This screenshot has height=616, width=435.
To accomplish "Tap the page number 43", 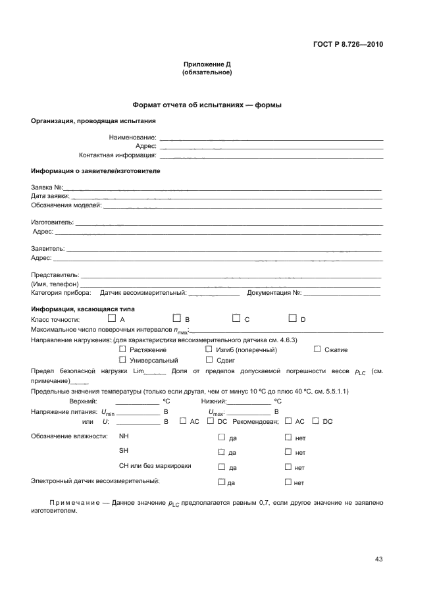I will coord(378,559).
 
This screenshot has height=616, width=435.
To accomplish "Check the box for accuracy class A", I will coord(111,319).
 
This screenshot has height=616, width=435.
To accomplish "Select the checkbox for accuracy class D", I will coord(293,319).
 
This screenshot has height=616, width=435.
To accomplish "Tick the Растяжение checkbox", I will coord(122,349).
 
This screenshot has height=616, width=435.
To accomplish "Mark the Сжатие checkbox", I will coord(317,349).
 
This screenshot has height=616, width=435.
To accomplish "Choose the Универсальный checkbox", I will coord(122,360).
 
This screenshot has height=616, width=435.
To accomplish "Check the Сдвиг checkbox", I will coord(209,360).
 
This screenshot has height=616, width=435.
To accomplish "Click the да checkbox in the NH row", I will coord(221,436).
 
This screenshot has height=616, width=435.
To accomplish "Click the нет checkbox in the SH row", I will coord(288,451).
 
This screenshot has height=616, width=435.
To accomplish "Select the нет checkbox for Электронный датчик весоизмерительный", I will coord(288,482).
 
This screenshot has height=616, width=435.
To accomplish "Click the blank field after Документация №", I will coord(342,294).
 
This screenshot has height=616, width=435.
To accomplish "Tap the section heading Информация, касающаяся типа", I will coord(83,309).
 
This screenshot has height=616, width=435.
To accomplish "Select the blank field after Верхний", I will coord(137,401).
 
